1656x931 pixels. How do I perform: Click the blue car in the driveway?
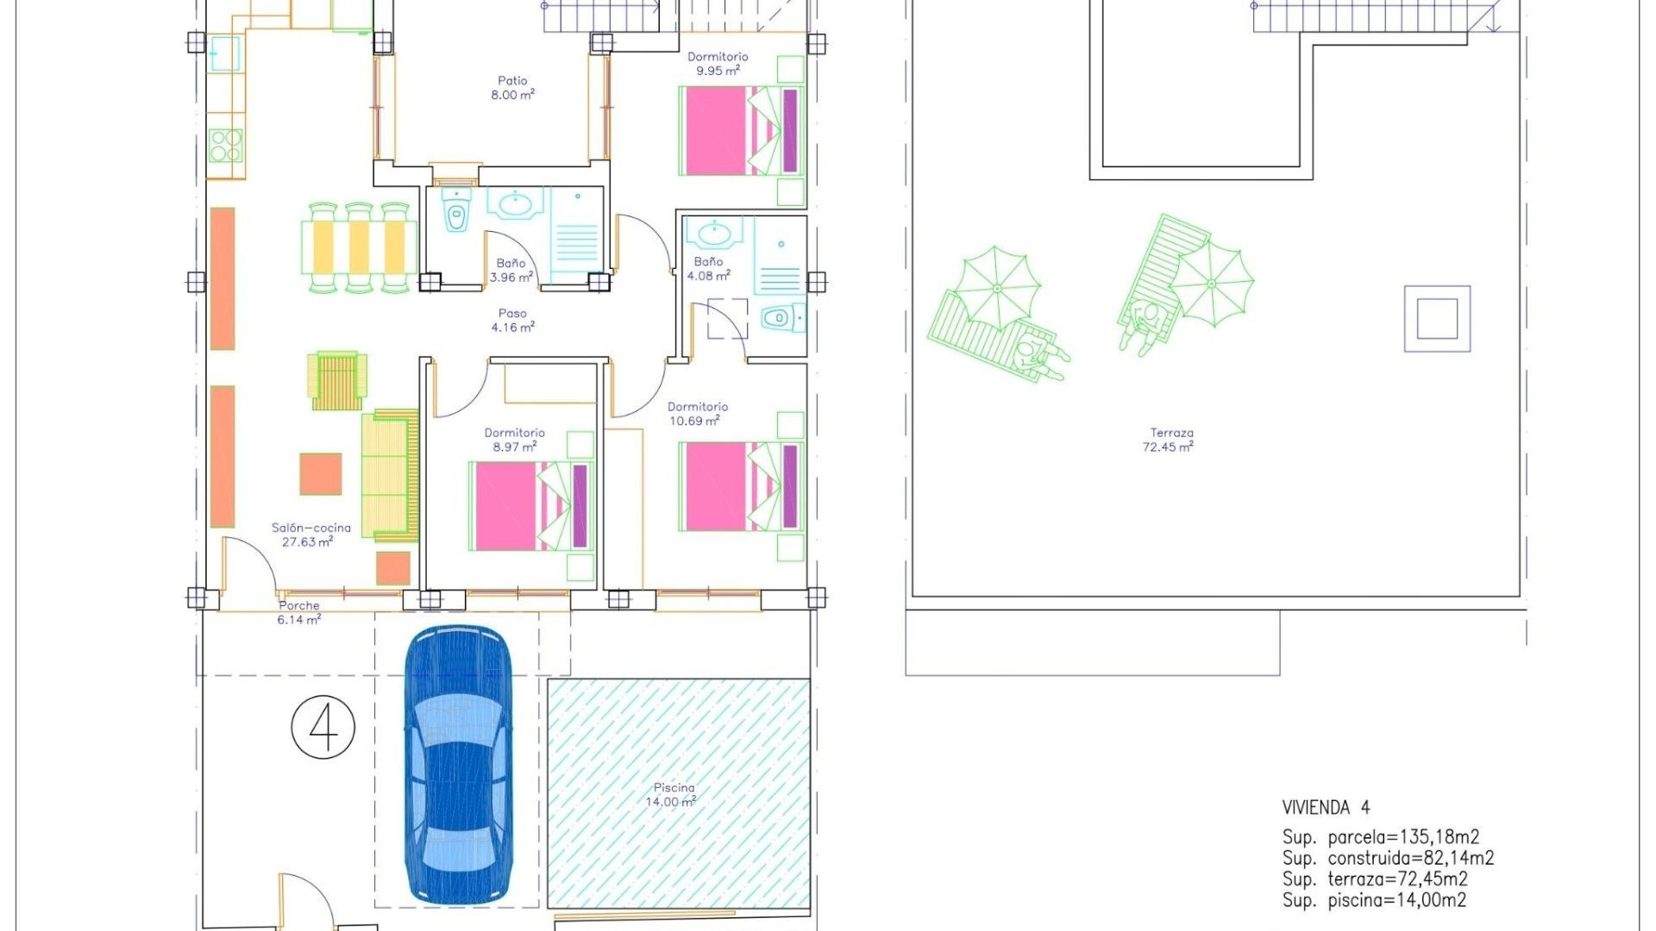[458, 765]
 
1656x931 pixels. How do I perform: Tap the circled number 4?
[323, 728]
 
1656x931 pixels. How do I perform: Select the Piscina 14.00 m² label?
[673, 795]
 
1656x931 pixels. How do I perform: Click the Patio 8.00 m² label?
[512, 88]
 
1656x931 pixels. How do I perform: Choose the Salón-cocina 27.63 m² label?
[310, 534]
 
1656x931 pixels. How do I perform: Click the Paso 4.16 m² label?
[512, 321]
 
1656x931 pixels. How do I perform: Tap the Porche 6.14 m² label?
[298, 613]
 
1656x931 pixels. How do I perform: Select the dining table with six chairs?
[359, 247]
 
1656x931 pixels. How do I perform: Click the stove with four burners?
[226, 146]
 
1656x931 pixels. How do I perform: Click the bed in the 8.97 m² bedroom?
[531, 506]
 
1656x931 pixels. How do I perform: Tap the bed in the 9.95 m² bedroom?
[743, 130]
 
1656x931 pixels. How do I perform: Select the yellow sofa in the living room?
[390, 474]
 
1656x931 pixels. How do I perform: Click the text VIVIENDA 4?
[1326, 808]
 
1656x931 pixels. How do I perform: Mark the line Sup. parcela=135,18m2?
[1380, 837]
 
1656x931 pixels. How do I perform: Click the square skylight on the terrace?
[1437, 319]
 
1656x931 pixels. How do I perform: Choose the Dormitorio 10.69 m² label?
[697, 414]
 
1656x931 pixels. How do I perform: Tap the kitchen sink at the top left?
[224, 53]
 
